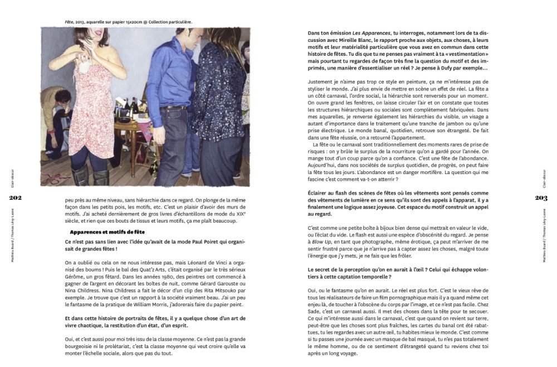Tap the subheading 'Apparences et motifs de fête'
click(107, 231)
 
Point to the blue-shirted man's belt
click(173, 108)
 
